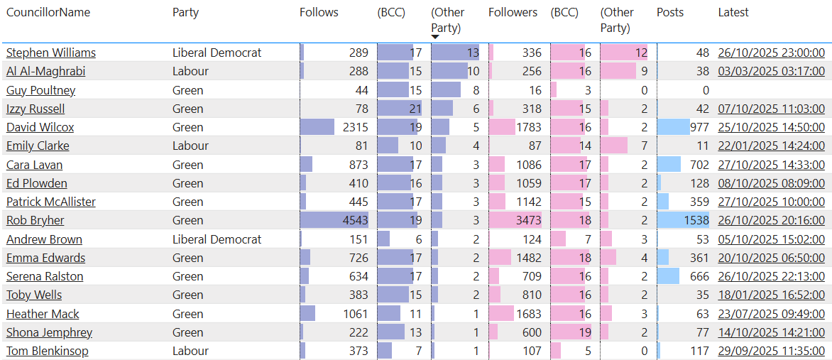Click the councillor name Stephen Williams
tap(51, 53)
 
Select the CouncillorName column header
tap(48, 12)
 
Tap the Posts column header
tap(670, 12)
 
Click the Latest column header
tap(733, 12)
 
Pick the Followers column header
tap(513, 12)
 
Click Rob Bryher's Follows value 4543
tap(355, 220)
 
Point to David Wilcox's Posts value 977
tap(699, 127)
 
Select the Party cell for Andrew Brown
tap(217, 239)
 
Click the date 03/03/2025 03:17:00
tap(771, 71)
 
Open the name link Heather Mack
tap(43, 314)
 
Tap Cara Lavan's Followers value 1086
tap(527, 165)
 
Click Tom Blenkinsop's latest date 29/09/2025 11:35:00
tap(771, 351)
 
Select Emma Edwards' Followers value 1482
tap(527, 258)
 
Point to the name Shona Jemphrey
tap(49, 332)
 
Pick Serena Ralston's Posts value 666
tap(699, 276)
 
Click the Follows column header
tap(319, 12)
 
